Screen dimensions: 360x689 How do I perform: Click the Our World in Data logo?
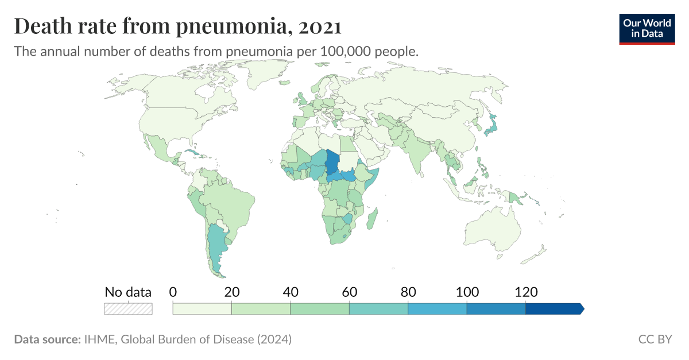(647, 29)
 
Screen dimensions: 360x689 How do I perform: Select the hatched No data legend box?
(128, 309)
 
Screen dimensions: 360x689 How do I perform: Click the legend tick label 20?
(231, 292)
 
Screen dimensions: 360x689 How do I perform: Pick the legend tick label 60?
(349, 292)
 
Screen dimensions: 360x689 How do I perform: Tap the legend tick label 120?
(525, 292)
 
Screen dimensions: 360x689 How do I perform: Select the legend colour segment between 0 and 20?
(202, 309)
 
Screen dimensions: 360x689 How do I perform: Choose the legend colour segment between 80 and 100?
(437, 309)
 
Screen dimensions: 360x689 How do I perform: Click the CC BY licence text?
(655, 339)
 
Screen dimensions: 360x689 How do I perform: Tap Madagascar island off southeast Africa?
(373, 219)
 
